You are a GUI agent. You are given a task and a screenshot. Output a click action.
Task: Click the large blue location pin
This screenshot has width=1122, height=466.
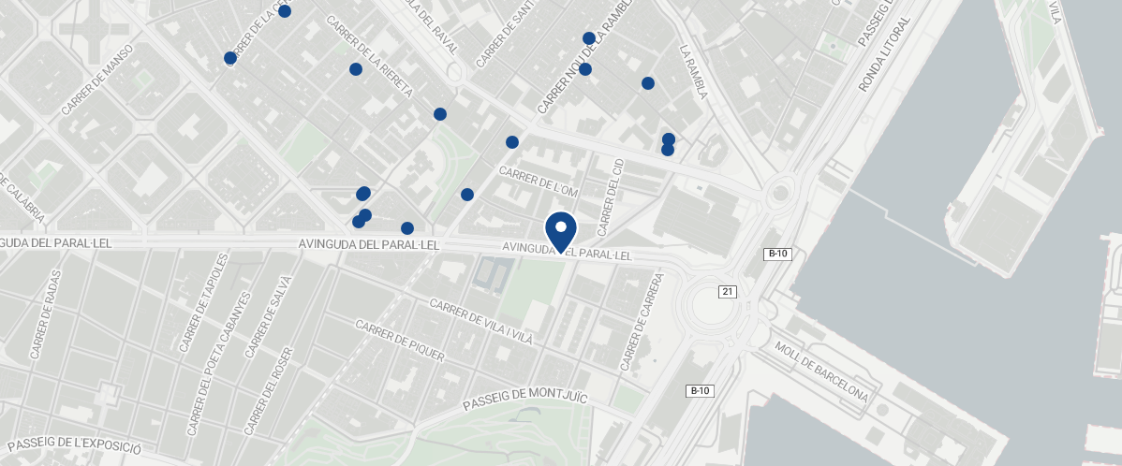click(561, 231)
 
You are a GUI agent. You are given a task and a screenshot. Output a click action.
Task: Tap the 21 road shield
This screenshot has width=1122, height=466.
click(728, 292)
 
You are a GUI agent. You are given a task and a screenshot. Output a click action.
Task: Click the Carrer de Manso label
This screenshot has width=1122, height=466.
click(96, 80)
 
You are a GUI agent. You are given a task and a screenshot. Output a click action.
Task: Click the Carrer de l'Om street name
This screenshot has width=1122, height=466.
click(540, 182)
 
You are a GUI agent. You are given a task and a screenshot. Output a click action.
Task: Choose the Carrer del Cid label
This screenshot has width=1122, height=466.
click(610, 197)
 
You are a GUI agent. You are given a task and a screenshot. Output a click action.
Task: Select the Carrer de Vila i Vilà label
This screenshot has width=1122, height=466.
click(480, 322)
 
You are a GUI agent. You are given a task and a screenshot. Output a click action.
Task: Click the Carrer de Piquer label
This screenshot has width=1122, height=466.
click(400, 337)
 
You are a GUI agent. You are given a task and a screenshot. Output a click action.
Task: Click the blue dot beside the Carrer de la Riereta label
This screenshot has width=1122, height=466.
click(356, 69)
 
